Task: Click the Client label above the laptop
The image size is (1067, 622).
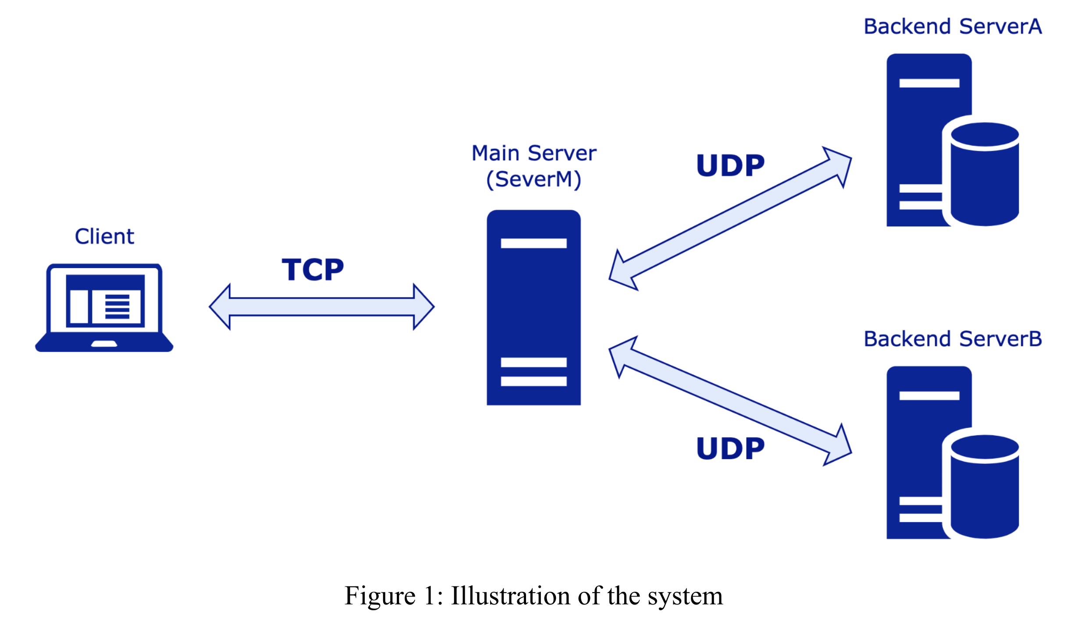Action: (x=104, y=237)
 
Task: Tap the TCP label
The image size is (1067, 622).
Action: (x=313, y=269)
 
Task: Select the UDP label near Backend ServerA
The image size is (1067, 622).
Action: (x=730, y=166)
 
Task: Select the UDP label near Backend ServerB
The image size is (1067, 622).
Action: (x=730, y=449)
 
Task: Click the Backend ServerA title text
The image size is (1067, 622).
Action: (x=952, y=27)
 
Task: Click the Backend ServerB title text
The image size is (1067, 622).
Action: (x=952, y=339)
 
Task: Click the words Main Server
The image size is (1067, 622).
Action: (x=533, y=153)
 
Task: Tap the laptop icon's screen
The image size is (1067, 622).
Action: (x=105, y=301)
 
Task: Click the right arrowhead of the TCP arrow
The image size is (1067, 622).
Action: (x=423, y=307)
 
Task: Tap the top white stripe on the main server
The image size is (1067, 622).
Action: (x=533, y=243)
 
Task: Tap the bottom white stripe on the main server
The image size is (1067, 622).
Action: (x=533, y=381)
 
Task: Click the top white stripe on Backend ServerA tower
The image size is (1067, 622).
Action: (x=929, y=83)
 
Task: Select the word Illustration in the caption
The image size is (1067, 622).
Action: (x=511, y=596)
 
